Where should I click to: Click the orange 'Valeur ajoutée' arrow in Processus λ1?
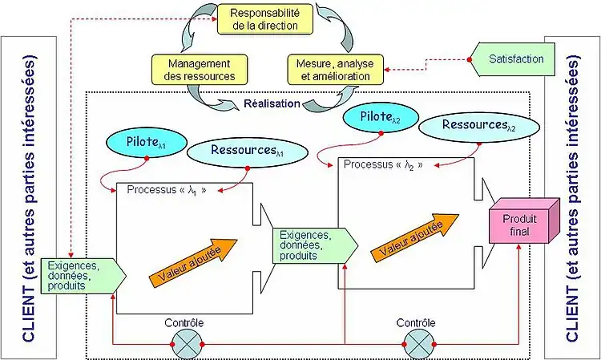click(195, 258)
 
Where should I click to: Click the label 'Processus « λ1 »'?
click(161, 191)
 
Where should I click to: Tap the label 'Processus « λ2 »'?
click(382, 164)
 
